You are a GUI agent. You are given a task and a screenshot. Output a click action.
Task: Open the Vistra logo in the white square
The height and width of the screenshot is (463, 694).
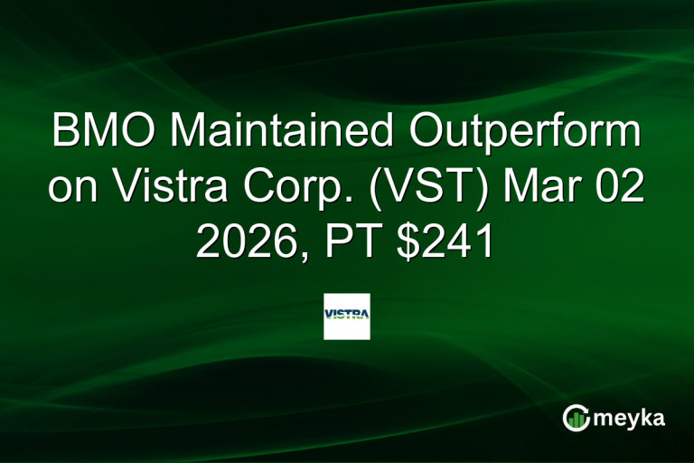(x=347, y=316)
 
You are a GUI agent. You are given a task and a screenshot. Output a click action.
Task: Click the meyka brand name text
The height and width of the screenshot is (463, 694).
(x=631, y=419)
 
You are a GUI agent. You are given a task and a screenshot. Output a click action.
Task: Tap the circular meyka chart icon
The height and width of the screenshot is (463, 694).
(x=577, y=418)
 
